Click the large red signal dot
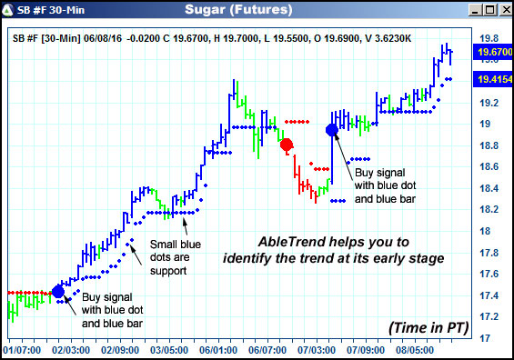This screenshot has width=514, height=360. coord(287,145)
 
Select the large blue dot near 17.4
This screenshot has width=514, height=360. coord(58,291)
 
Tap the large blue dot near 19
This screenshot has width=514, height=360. coord(331,130)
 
